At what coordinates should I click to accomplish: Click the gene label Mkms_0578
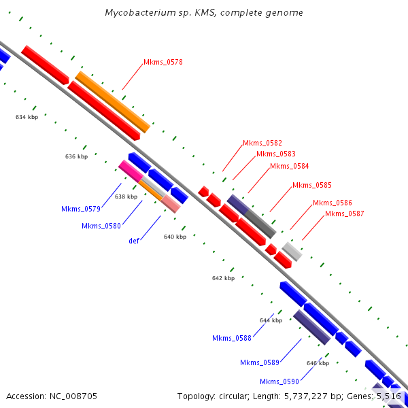click(x=163, y=62)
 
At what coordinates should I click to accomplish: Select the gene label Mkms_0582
click(x=262, y=143)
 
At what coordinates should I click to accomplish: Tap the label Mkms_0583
click(x=275, y=154)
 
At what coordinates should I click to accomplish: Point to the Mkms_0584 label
click(x=289, y=166)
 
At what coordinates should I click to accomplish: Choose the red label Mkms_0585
click(x=311, y=185)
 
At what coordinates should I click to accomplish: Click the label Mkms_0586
click(x=332, y=203)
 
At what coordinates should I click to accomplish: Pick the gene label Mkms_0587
click(x=344, y=214)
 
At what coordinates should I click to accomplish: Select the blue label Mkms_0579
click(x=80, y=209)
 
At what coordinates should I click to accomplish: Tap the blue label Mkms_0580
click(x=101, y=226)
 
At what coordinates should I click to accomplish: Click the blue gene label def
click(x=135, y=241)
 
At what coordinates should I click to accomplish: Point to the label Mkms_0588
click(x=231, y=338)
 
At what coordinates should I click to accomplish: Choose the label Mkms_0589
click(x=259, y=362)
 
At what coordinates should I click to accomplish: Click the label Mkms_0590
click(x=279, y=381)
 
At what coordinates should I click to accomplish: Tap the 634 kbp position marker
click(x=27, y=117)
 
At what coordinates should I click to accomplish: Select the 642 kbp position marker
click(x=223, y=278)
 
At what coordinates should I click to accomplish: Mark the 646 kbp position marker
click(x=318, y=363)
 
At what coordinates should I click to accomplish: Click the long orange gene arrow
click(x=112, y=101)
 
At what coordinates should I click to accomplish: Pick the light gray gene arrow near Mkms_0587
click(x=292, y=251)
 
